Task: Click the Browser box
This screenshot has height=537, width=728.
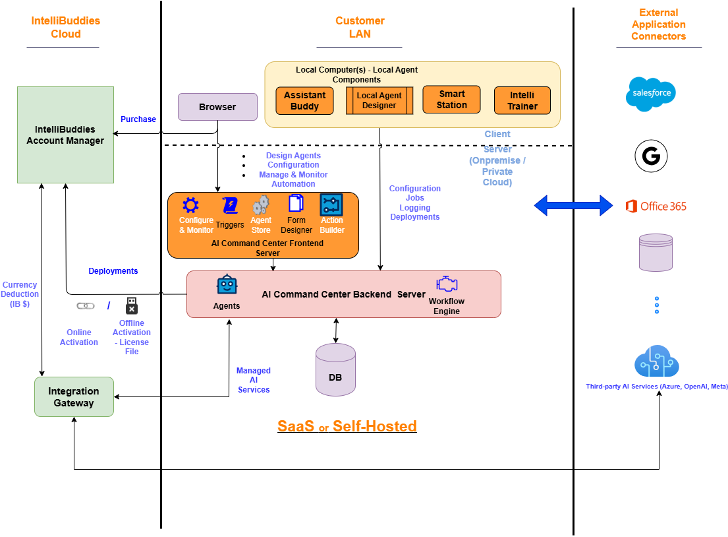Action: [x=217, y=107]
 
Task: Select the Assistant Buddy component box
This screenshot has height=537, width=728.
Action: [x=304, y=100]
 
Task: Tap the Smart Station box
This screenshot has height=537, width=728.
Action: [x=452, y=100]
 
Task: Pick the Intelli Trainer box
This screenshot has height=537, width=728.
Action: [x=522, y=100]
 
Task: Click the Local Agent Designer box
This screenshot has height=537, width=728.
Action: [x=379, y=100]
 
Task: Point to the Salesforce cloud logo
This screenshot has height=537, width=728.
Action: [x=650, y=94]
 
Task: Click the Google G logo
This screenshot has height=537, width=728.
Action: [x=651, y=156]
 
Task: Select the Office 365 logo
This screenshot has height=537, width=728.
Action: [x=656, y=206]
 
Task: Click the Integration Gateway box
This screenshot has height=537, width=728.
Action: [x=74, y=397]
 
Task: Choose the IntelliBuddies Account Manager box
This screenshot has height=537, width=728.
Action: [x=65, y=135]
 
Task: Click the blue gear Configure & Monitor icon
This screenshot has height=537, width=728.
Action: [x=190, y=205]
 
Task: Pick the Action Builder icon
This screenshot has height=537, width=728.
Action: [x=331, y=205]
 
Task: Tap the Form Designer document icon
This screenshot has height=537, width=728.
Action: [x=296, y=205]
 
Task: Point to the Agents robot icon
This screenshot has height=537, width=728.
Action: [x=227, y=285]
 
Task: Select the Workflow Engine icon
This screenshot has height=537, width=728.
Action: [x=447, y=284]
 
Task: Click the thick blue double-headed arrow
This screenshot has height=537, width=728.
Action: [x=573, y=205]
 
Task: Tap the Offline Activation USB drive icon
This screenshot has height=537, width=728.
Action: [x=132, y=305]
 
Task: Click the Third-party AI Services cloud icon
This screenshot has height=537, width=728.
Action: [x=657, y=362]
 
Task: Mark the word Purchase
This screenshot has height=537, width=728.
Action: [x=138, y=119]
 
